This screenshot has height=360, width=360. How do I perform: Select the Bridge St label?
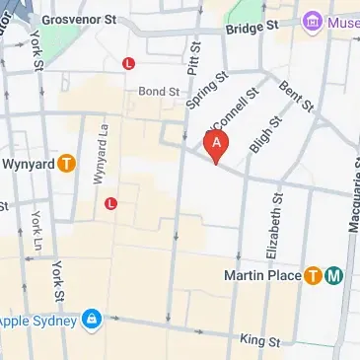point(246,29)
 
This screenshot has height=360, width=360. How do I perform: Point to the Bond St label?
point(159,91)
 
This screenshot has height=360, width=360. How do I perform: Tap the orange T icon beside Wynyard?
point(67,164)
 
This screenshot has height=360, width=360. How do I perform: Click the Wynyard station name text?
point(28,164)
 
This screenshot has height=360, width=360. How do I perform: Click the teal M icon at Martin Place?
point(334,275)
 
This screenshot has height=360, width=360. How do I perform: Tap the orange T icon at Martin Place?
point(314,275)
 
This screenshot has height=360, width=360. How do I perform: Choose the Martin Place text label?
point(261,275)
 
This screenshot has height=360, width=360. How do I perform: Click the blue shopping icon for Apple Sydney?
point(92,321)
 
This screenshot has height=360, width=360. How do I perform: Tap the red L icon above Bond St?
point(127,64)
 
